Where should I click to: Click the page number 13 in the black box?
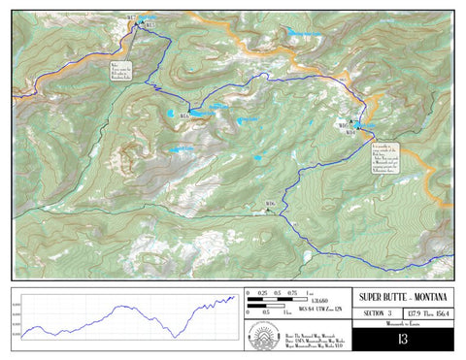tap(402, 340)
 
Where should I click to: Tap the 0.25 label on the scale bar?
tap(262, 292)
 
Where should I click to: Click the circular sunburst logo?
tap(264, 336)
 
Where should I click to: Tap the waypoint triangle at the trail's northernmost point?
tap(143, 20)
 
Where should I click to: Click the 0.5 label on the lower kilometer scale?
tap(262, 313)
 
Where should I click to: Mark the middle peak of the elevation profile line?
tap(122, 308)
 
